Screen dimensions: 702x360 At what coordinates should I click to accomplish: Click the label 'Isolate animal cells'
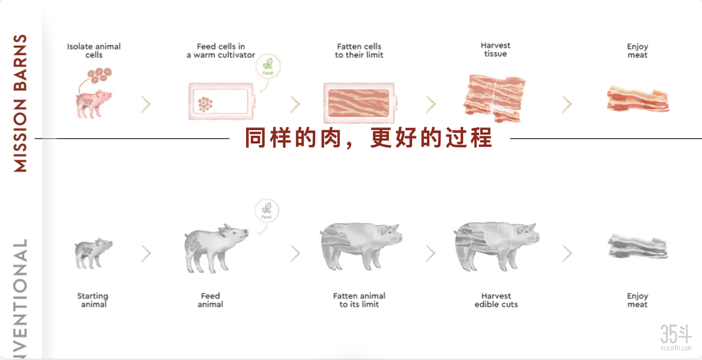94,51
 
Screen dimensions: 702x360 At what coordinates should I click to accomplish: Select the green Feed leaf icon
268,67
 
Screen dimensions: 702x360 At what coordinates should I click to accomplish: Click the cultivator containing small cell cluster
222,101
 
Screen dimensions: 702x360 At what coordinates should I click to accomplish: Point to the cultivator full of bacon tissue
360,103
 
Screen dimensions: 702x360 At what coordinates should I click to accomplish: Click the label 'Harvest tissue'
495,49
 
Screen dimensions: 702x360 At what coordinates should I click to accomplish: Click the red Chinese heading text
368,138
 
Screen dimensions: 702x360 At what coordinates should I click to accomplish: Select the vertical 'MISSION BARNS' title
20,103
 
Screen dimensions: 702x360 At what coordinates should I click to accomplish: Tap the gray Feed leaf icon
267,211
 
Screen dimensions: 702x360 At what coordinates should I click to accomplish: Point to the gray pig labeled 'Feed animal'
216,247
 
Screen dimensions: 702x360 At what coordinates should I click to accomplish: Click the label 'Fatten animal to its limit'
359,300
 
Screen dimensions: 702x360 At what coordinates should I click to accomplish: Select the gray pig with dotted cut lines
497,246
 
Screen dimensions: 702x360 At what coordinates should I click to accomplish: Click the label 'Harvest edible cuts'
496,300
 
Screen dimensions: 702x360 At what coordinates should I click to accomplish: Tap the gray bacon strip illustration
638,247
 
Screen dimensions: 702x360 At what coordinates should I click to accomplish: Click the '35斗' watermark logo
676,338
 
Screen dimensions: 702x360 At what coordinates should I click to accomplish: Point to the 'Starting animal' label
92,300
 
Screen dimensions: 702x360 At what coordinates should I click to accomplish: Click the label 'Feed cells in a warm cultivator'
221,51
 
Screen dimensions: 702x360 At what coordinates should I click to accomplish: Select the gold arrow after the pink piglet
146,104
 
